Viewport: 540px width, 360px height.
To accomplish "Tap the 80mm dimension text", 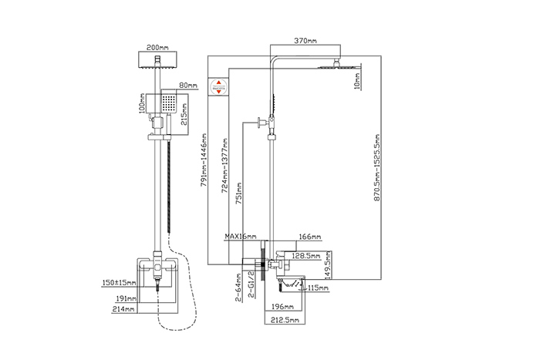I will [188, 85].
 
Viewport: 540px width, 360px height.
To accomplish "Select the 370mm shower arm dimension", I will [306, 40].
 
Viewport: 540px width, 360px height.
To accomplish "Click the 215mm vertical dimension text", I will [183, 113].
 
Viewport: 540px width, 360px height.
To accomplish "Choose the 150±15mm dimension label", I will [120, 283].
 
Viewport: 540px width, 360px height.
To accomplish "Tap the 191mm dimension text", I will [125, 297].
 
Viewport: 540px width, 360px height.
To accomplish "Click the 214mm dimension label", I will [125, 309].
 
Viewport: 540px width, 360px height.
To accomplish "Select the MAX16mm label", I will [241, 237].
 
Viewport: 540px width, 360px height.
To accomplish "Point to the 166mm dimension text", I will [309, 237].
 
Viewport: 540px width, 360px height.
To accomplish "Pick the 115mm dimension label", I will [317, 288].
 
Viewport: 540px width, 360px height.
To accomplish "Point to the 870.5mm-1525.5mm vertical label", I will [377, 170].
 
